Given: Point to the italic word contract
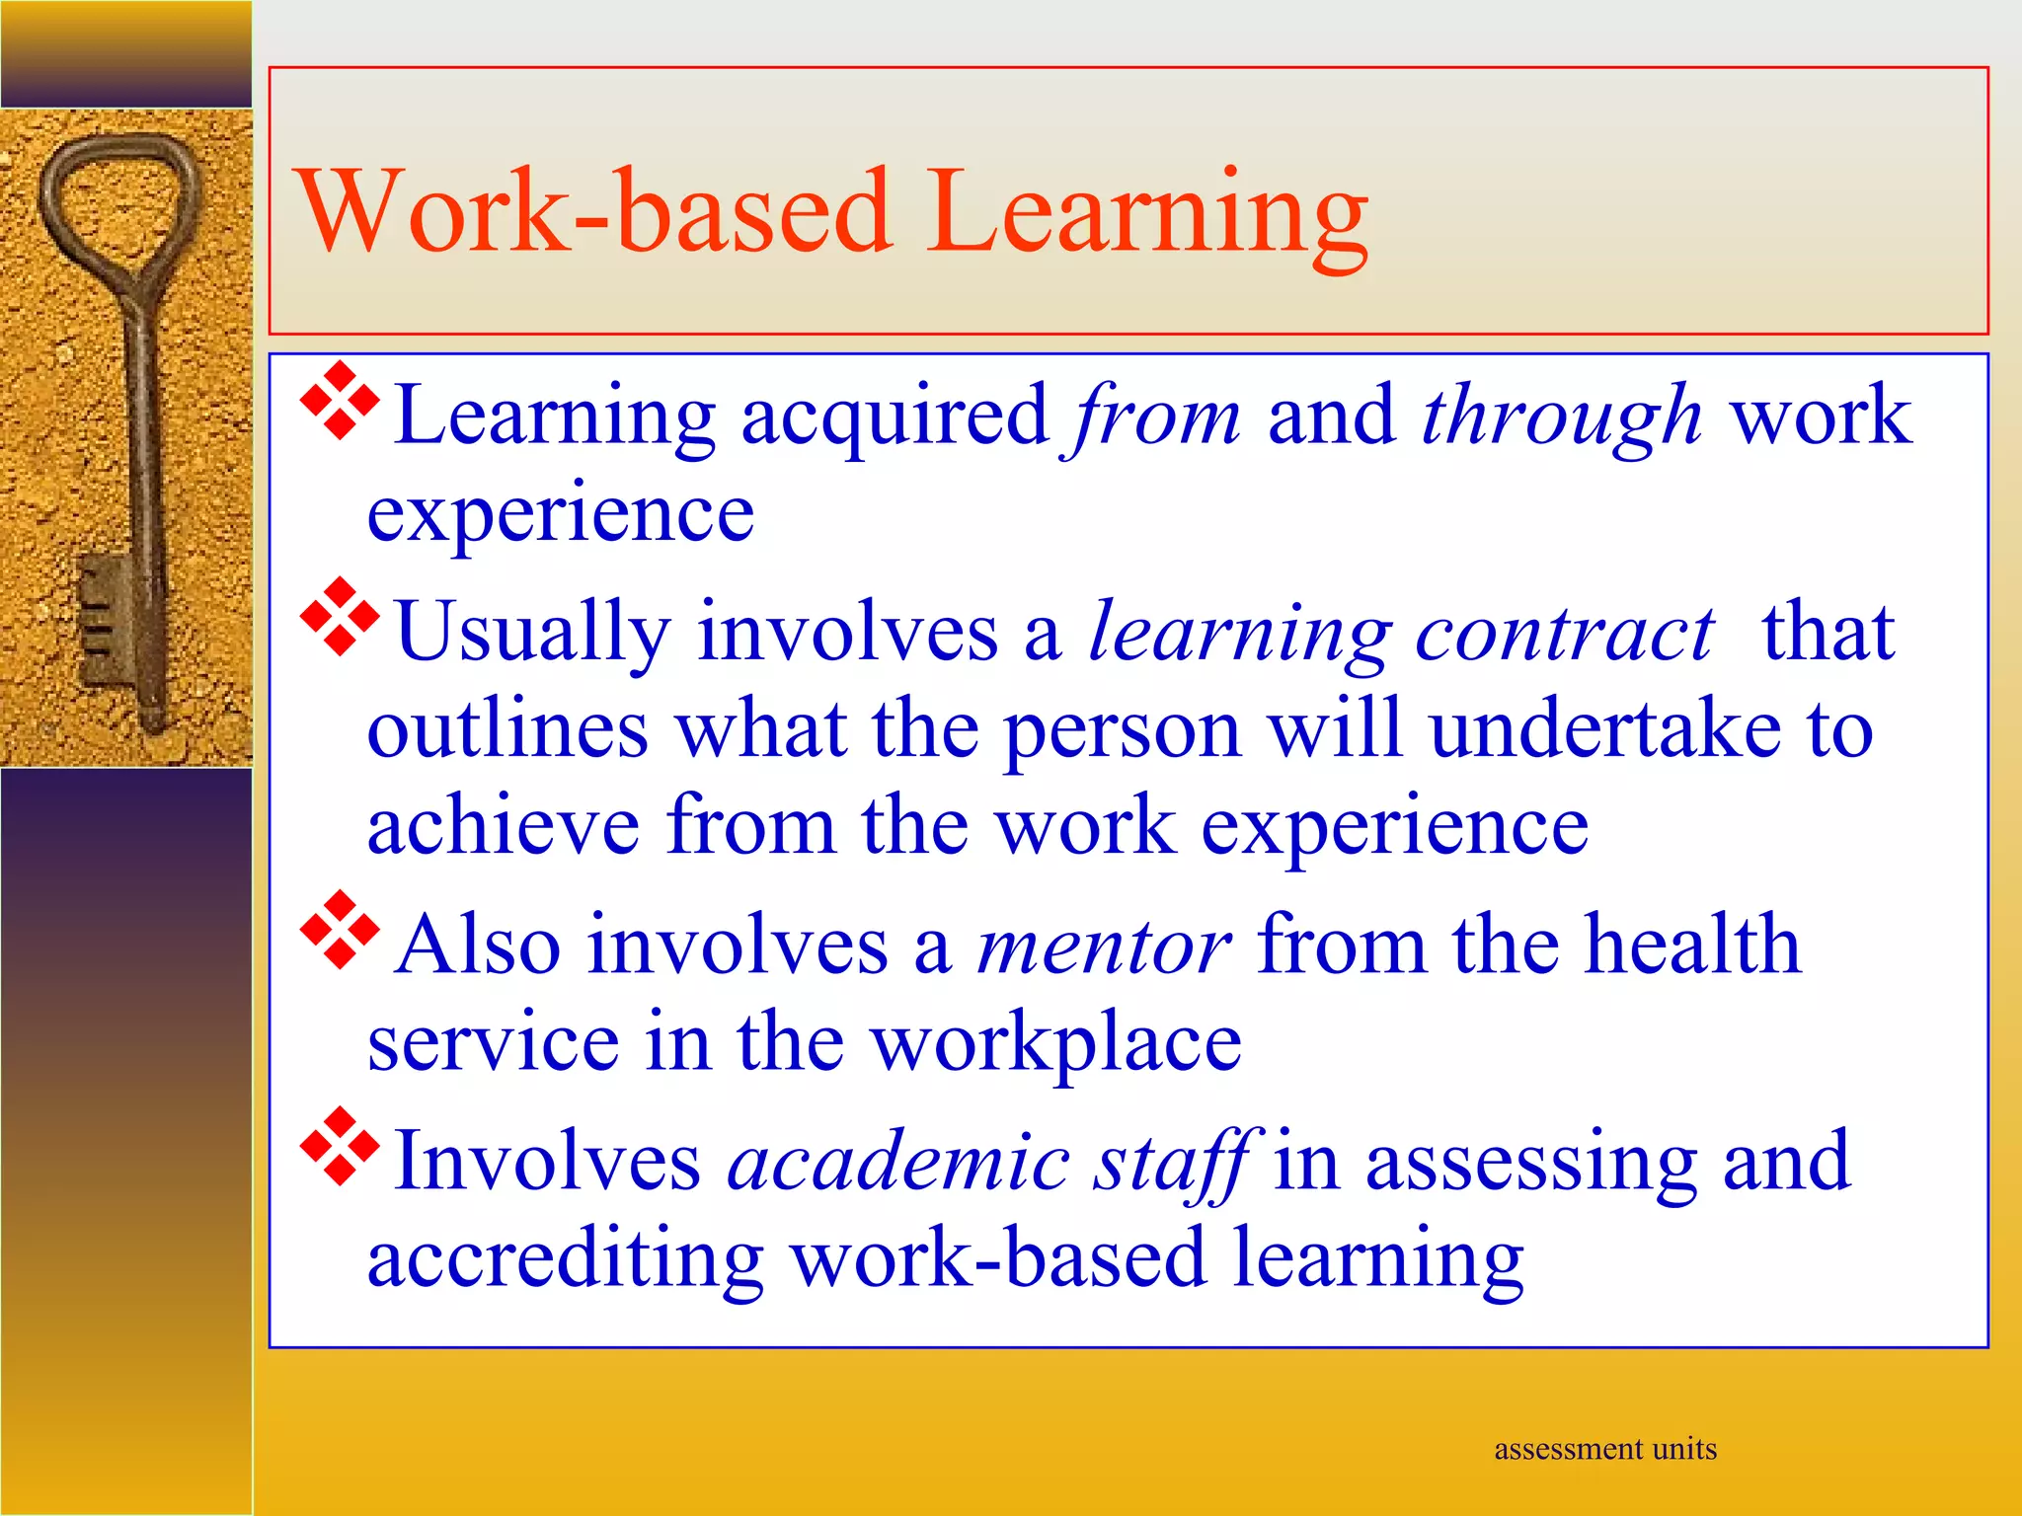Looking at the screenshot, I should coord(1565,634).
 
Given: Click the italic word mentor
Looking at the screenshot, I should coord(1103,947).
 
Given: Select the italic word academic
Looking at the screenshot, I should coord(898,1162).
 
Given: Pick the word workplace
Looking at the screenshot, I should coord(1056,1044).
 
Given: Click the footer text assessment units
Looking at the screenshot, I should coord(1604,1449).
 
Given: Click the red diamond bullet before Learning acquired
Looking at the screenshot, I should coord(339,401).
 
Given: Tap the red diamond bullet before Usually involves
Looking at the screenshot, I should coord(339,617).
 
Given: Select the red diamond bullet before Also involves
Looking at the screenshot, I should coord(339,930).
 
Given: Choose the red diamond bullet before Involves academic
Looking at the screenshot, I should coord(339,1146).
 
